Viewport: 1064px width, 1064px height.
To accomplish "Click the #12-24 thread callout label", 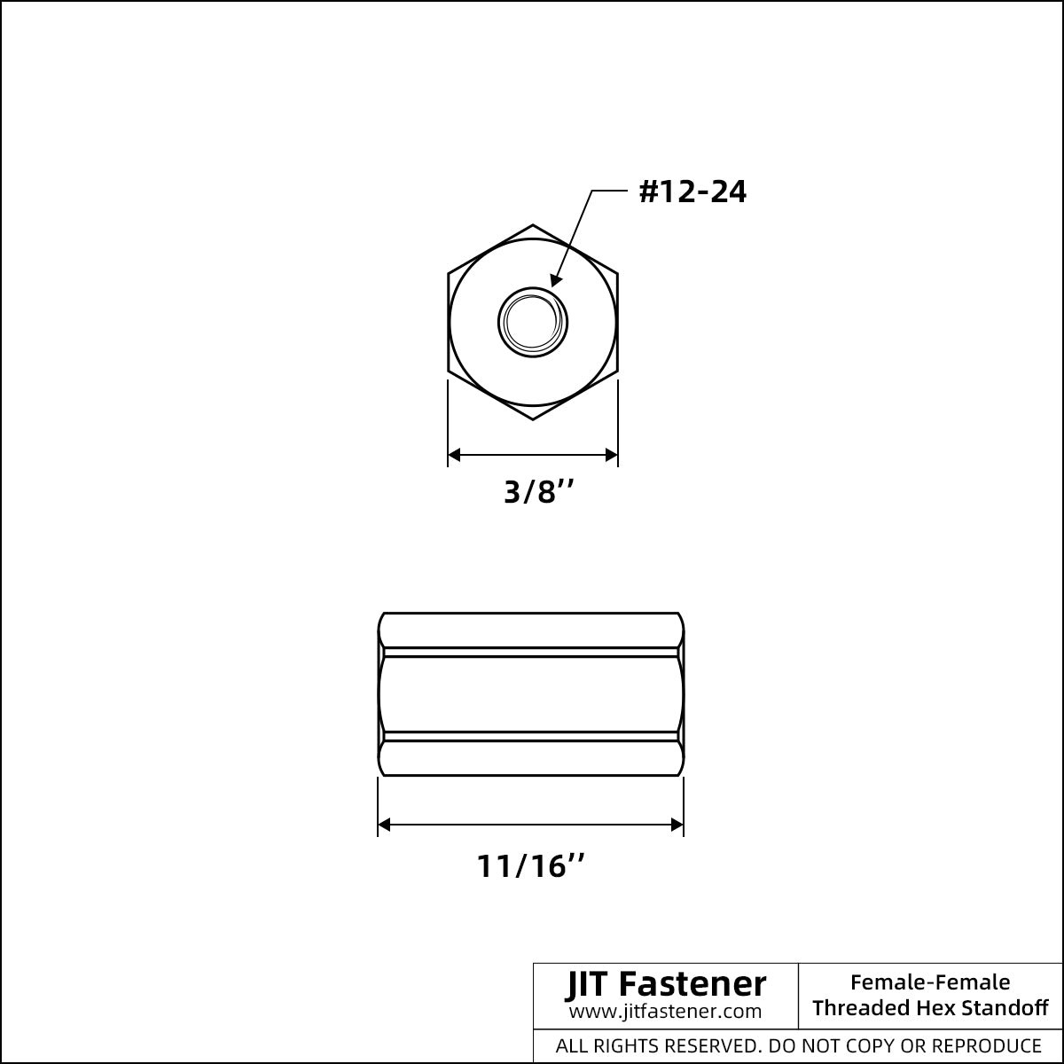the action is [692, 192].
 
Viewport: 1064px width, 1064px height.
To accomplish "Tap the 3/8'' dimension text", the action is [539, 491].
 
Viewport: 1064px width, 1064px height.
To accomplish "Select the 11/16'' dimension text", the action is [530, 865].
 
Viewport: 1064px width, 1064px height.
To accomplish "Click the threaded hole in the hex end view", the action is [533, 322].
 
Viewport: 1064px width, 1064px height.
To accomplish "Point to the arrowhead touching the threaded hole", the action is [557, 280].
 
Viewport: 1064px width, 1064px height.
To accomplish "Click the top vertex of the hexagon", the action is [533, 224].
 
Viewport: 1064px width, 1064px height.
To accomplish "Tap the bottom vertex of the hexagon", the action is [533, 419].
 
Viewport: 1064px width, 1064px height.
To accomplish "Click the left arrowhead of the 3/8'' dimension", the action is [454, 455].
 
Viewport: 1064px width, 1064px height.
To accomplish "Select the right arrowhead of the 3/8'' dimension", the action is [612, 455].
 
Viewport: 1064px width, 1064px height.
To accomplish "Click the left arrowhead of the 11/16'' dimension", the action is [384, 825].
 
